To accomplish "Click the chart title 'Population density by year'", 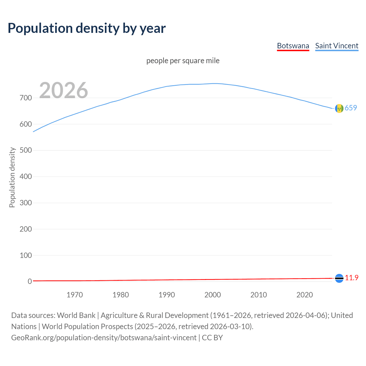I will pos(87,28).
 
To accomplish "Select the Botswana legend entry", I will pos(293,46).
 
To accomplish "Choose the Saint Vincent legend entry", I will pos(337,46).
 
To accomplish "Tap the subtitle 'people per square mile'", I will pos(183,61).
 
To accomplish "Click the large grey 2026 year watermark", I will pos(63,90).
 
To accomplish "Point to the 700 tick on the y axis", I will pos(26,98).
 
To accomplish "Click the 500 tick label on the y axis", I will pos(26,150).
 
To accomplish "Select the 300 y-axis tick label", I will pos(26,203).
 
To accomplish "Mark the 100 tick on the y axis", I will pos(26,255).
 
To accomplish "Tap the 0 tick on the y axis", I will pos(30,281).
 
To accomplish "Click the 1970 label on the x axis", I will pos(75,295).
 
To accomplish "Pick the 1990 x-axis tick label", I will pos(167,295).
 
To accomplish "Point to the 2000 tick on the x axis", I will pos(213,295).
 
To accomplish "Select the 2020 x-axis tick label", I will pos(305,295).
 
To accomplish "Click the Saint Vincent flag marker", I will pos(339,108).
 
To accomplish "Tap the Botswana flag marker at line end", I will pos(339,278).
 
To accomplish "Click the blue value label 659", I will pos(351,108).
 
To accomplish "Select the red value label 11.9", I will pos(351,278).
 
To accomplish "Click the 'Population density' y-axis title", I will pos(12,177).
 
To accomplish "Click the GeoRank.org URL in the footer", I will pos(104,338).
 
